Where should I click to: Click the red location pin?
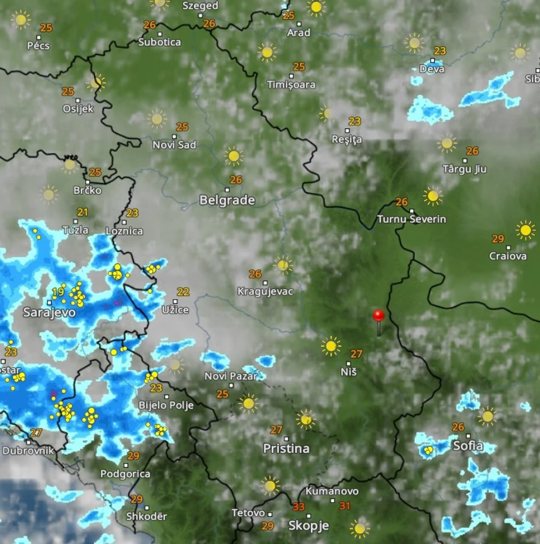(378, 316)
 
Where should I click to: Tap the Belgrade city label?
(227, 200)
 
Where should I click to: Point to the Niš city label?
(349, 371)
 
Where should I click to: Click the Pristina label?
(286, 448)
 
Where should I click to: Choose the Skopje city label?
(308, 525)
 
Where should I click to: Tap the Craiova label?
(508, 256)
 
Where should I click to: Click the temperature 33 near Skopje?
(299, 507)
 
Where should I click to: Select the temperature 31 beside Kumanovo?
(345, 505)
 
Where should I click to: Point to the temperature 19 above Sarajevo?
(57, 292)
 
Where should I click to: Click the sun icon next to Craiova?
(525, 230)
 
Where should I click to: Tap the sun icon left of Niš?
(331, 346)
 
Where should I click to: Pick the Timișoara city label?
(291, 85)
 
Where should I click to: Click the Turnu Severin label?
(411, 219)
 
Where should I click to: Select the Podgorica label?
(125, 474)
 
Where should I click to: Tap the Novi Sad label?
(174, 145)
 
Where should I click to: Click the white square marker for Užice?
(175, 301)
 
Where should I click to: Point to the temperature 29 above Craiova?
(497, 239)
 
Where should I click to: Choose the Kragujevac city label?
(265, 292)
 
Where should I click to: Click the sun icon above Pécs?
(21, 19)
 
